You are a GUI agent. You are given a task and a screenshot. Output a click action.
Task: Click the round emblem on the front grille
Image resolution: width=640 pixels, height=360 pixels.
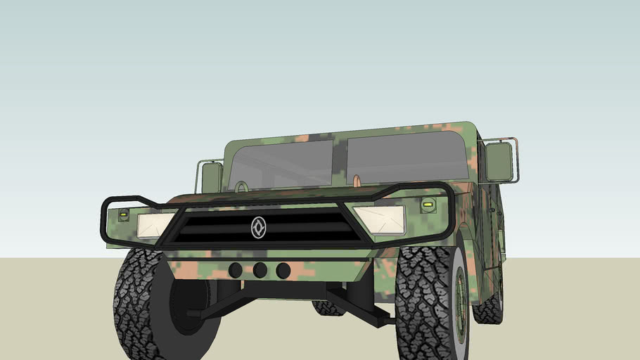258,227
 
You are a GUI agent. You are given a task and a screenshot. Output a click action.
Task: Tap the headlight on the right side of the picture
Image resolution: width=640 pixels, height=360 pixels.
380,219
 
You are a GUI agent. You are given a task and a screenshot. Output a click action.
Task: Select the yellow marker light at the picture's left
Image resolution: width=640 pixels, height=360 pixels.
124,213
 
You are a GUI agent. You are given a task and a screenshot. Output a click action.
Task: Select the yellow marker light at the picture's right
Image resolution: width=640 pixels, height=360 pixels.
427,205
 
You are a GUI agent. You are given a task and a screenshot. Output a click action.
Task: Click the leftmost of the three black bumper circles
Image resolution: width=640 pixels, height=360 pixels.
236,270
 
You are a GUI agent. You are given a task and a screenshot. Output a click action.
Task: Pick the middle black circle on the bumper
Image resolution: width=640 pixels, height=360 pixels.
260,270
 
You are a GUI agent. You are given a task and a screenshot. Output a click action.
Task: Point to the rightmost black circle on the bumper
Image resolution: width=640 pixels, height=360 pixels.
283,271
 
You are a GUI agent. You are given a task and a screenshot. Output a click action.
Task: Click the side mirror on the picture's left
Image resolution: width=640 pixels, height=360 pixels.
211,177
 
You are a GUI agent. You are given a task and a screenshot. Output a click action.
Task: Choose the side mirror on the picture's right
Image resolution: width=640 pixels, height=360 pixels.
499,161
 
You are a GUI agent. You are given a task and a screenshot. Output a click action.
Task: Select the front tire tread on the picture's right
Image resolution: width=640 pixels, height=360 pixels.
422,302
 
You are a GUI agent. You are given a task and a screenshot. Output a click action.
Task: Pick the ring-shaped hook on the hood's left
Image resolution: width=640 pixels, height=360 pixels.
241,187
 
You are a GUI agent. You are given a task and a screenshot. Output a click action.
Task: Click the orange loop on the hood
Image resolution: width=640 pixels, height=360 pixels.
357,181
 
